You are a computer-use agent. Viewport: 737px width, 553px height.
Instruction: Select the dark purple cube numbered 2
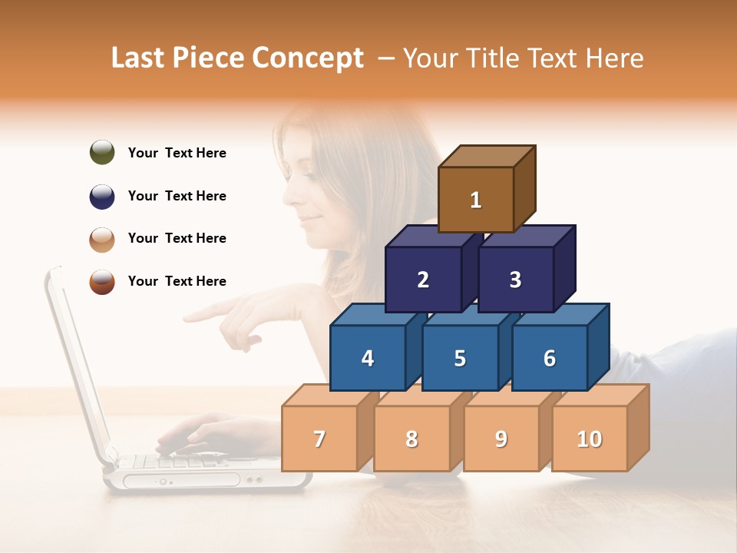click(423, 280)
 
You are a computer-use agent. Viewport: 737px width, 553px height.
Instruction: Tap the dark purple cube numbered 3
click(515, 280)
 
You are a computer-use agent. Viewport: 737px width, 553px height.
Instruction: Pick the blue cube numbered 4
click(368, 358)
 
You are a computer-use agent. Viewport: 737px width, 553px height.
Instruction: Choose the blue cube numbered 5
click(460, 358)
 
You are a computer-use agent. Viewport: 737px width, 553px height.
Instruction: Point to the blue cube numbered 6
click(549, 358)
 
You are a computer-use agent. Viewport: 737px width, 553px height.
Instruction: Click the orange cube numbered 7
click(319, 439)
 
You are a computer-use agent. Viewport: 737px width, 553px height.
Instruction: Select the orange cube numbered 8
click(411, 439)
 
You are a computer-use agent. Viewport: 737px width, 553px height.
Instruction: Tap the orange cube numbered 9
click(501, 439)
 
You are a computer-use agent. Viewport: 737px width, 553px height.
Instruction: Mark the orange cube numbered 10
click(589, 439)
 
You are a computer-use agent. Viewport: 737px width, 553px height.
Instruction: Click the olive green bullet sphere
click(102, 152)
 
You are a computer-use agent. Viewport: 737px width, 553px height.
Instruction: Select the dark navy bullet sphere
click(102, 196)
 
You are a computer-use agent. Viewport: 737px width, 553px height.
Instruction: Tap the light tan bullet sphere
click(102, 239)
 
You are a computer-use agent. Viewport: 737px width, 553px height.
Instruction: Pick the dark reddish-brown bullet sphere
click(102, 281)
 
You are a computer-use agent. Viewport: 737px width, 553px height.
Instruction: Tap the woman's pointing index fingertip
click(187, 316)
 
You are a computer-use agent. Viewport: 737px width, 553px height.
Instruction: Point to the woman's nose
click(287, 192)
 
